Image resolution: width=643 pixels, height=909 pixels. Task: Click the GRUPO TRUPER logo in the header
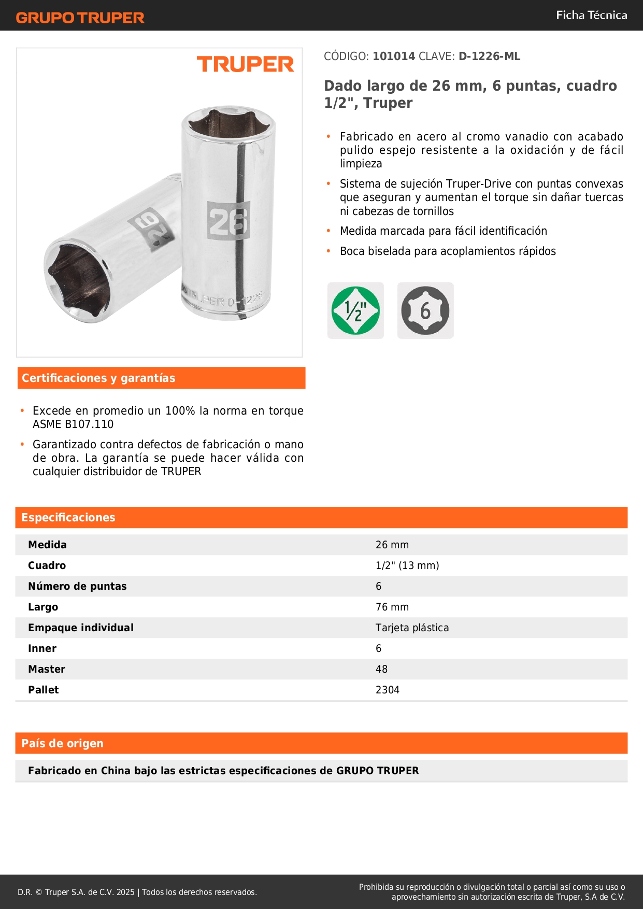click(80, 18)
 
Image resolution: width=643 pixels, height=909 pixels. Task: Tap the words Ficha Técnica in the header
click(591, 15)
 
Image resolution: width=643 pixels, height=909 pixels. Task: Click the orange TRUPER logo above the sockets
click(245, 64)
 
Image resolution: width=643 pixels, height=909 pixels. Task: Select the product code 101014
click(394, 56)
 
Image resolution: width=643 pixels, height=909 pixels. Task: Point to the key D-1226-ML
click(489, 56)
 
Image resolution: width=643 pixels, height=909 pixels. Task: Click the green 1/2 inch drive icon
click(355, 310)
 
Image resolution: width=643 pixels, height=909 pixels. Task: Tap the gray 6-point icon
click(425, 310)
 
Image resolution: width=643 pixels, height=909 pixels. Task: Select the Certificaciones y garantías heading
click(98, 378)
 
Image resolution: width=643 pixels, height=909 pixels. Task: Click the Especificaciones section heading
click(68, 517)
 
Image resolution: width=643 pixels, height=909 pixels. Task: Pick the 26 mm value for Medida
click(392, 545)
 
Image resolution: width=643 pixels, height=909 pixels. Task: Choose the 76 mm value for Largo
click(392, 607)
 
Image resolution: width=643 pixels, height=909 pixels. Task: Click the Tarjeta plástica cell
click(412, 628)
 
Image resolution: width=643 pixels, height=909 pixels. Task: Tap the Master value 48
click(381, 669)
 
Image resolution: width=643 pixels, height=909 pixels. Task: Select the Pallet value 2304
click(388, 690)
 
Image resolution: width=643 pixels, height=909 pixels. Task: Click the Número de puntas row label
click(77, 586)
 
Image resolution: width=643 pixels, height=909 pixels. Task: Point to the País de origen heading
click(62, 743)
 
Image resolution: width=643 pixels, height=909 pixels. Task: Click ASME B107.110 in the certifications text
click(73, 424)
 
